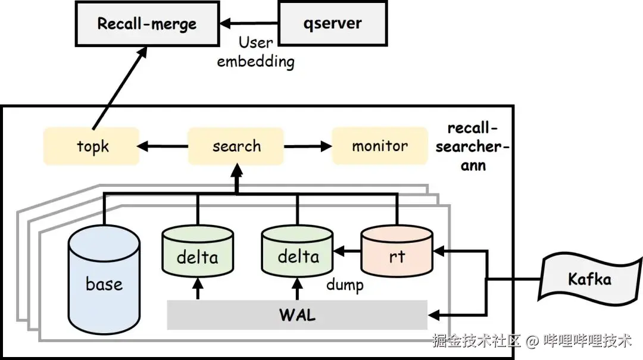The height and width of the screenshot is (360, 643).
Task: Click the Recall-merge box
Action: pos(146,24)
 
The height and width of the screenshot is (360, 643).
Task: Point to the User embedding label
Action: pos(255,52)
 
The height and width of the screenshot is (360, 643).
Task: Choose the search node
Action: pos(236,146)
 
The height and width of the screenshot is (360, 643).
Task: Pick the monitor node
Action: pos(379,146)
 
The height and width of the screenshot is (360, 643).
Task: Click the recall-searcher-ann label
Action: pos(472,147)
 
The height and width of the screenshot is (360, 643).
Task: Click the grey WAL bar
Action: pos(296,315)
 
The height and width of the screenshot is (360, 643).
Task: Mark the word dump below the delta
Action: pos(345,285)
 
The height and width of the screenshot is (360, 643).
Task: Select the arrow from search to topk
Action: pos(163,146)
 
